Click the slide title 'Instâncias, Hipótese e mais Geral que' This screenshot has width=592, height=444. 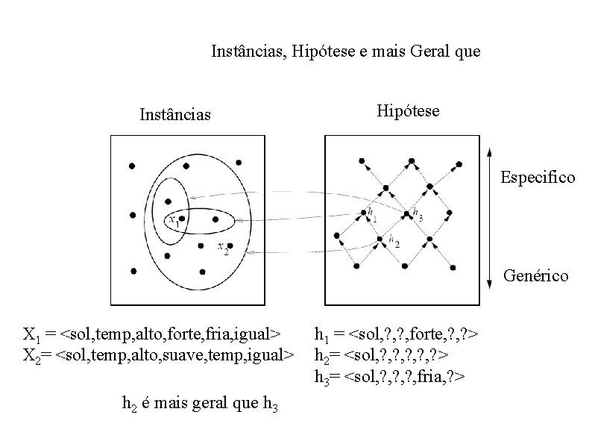[x=346, y=52]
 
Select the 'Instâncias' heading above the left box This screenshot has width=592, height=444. [x=175, y=115]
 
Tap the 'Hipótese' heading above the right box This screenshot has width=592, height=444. [x=408, y=111]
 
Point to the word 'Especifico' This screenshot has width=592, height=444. [x=538, y=178]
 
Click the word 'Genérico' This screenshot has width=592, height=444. [x=535, y=276]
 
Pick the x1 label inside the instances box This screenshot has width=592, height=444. [x=174, y=220]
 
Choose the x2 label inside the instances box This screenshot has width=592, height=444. [x=222, y=247]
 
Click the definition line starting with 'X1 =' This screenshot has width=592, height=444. [x=153, y=333]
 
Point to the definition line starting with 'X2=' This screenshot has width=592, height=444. [x=159, y=351]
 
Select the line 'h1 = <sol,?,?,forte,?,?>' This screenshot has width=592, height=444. [x=396, y=334]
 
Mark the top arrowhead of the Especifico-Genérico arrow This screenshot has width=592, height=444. [x=488, y=151]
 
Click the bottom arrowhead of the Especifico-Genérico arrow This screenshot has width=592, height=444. [x=488, y=284]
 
